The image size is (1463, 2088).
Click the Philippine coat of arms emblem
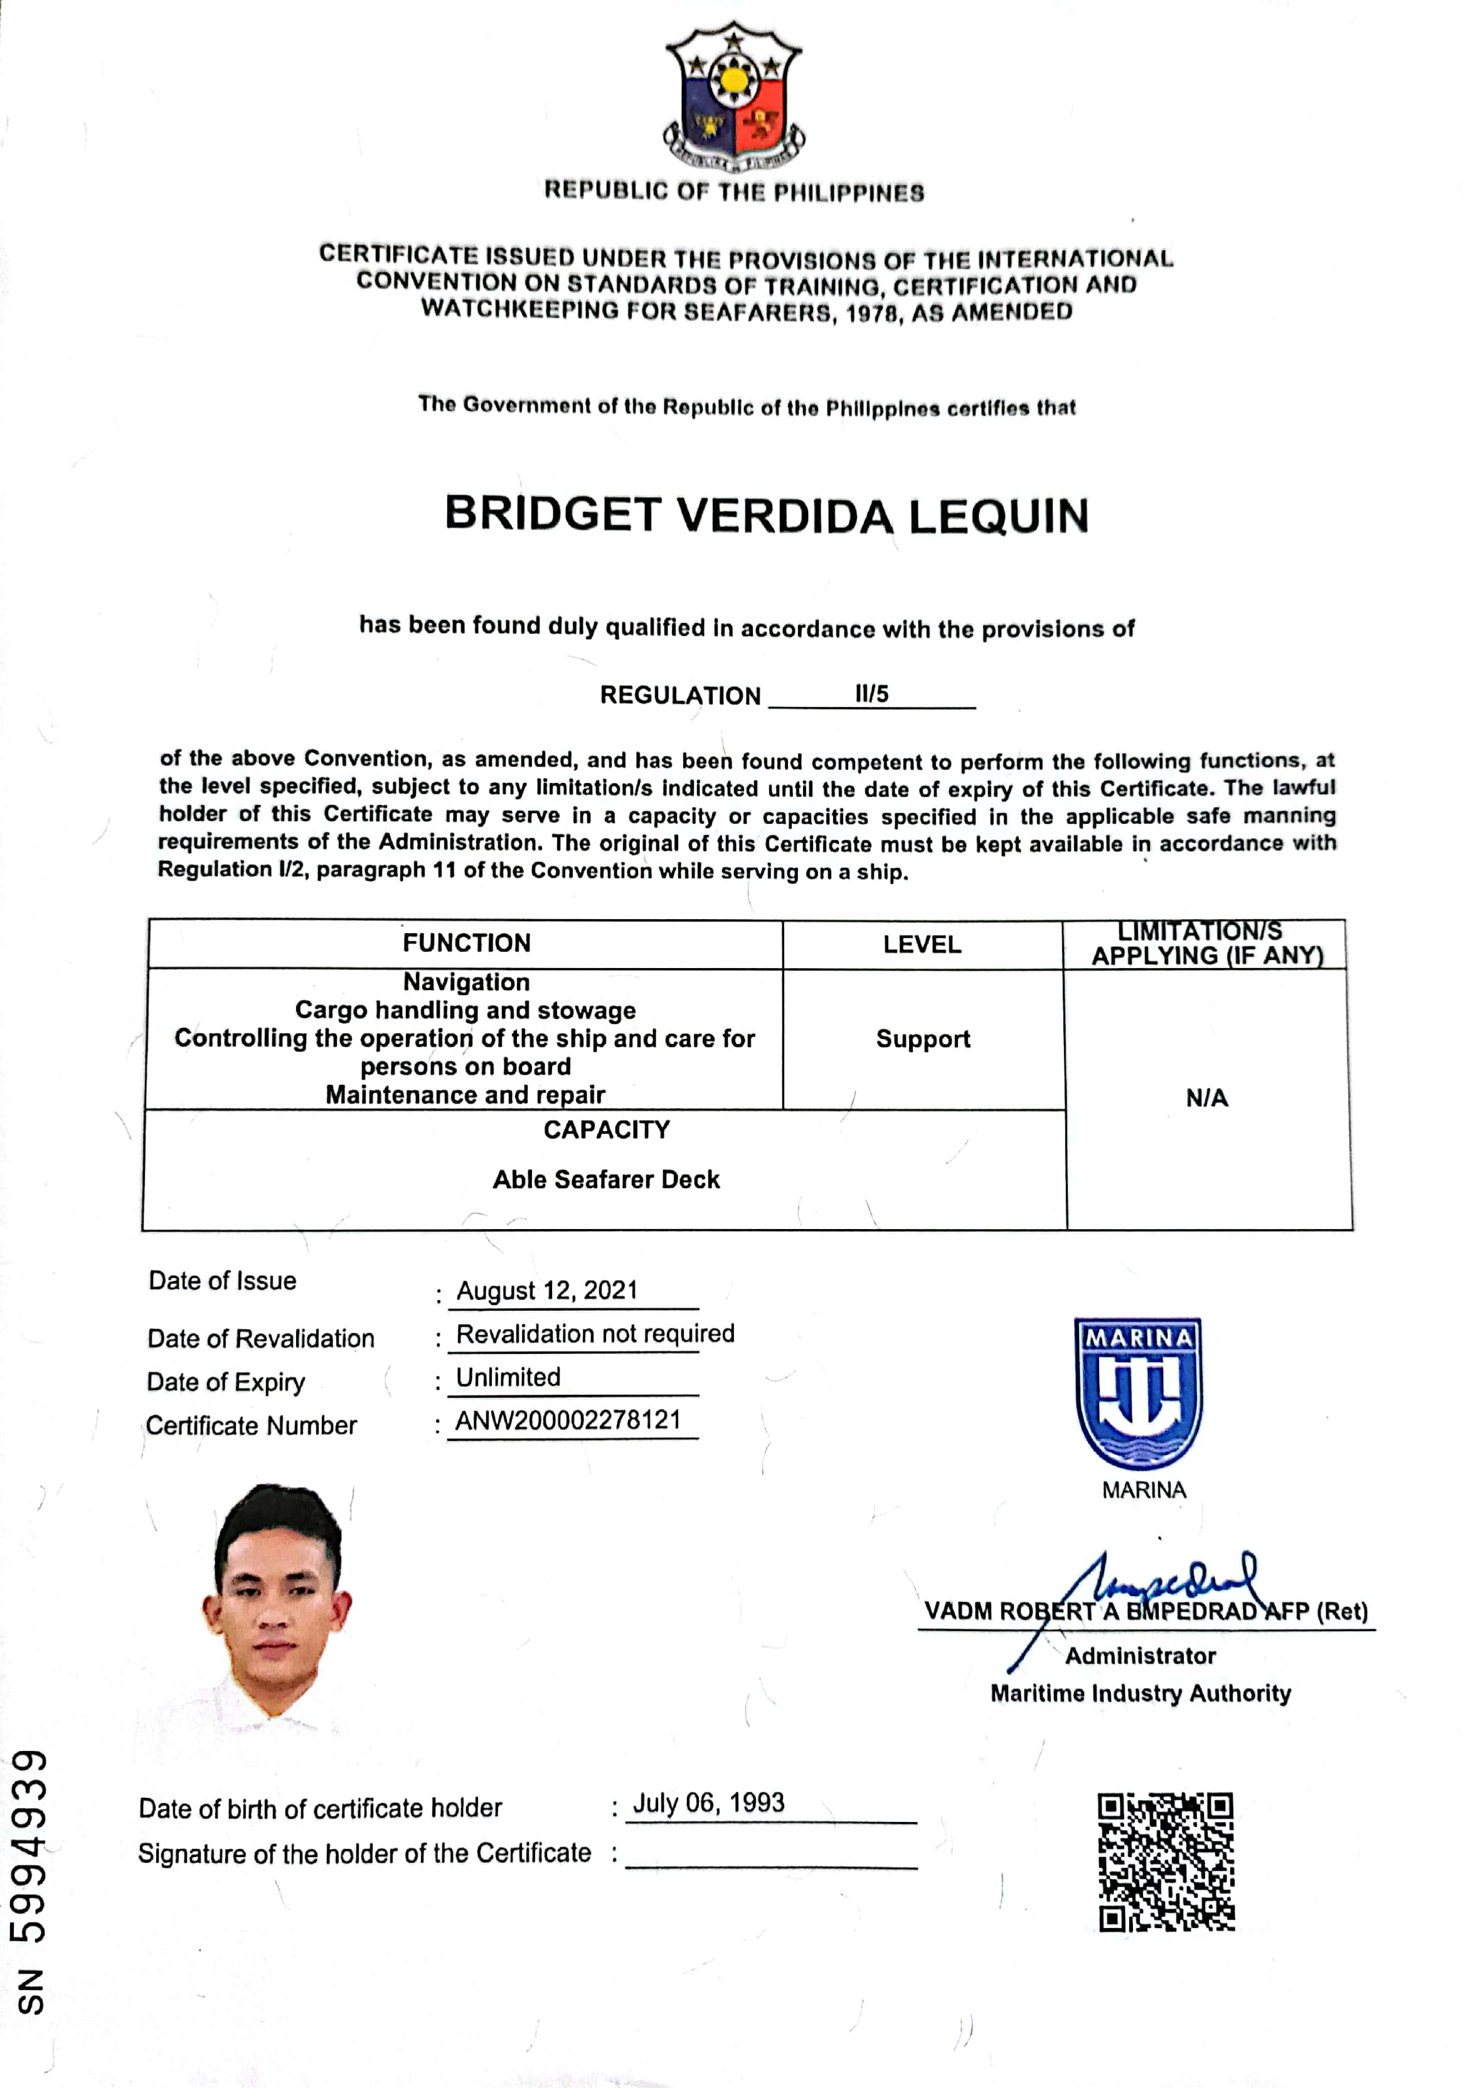(x=734, y=99)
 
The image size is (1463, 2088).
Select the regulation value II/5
(x=871, y=694)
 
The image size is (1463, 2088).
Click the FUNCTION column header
(x=467, y=943)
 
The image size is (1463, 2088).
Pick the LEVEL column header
(x=922, y=944)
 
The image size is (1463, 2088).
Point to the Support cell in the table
(x=923, y=1038)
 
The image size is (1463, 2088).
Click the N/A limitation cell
(x=1206, y=1098)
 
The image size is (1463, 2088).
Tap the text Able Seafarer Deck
(x=607, y=1180)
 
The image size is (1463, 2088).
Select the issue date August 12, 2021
(x=548, y=1291)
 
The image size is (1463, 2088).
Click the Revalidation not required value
(x=595, y=1333)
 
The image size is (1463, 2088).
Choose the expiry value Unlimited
(x=508, y=1377)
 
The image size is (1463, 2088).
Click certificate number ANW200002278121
(x=568, y=1420)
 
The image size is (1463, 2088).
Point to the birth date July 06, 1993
(x=708, y=1803)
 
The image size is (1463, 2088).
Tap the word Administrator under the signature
(x=1140, y=1656)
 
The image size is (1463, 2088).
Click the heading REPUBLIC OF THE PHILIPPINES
(x=734, y=192)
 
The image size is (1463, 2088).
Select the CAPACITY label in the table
(x=607, y=1129)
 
